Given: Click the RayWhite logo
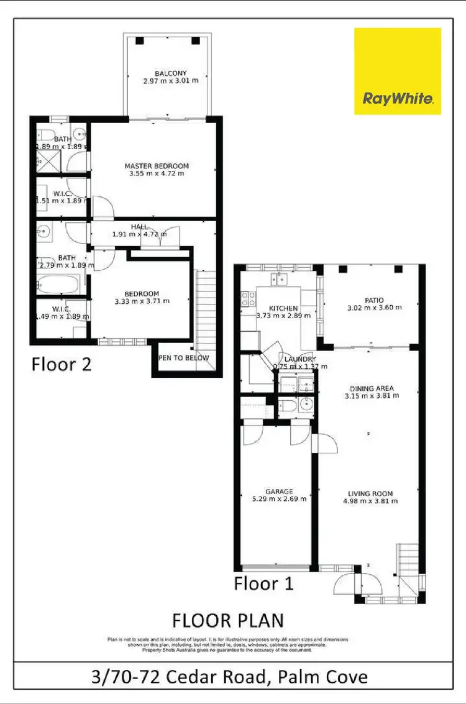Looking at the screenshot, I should pos(398,71).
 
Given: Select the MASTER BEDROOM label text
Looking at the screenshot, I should pos(156,166).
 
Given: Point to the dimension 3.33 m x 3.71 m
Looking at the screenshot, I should pos(142,301).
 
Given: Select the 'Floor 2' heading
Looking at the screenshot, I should pos(62,363).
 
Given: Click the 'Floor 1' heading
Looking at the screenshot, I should pos(263,583).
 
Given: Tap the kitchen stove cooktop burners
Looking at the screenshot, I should pos(247,299).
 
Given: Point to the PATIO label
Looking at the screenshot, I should pos(375,300).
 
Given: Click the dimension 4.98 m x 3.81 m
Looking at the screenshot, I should pos(371,501).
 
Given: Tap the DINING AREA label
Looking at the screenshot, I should pos(371,388).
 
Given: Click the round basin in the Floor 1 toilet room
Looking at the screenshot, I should pos(303,406).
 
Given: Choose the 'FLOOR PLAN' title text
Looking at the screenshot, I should pos(227,621).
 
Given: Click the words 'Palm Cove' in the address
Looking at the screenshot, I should pos(322,676).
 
